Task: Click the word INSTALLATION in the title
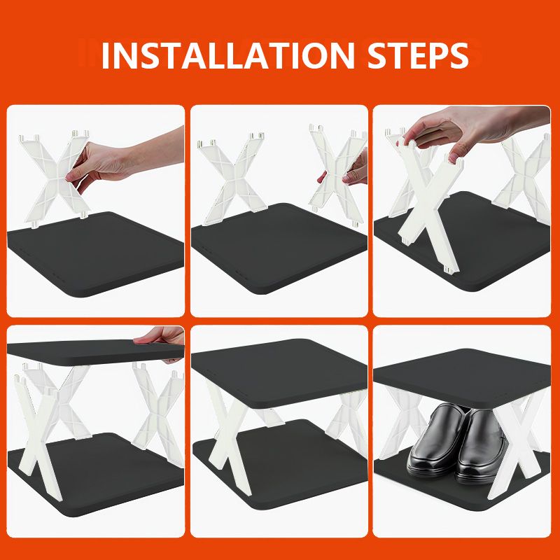228,56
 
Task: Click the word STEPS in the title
418,56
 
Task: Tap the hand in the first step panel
121,162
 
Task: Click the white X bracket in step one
55,178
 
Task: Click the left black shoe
436,441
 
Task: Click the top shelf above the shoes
462,379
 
